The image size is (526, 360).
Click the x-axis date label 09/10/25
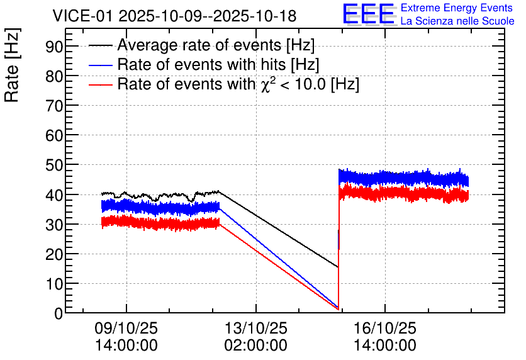(x=126, y=329)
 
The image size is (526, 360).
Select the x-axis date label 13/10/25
(x=255, y=329)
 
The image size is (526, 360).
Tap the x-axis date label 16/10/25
(x=384, y=329)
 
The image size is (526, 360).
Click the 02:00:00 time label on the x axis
(x=255, y=346)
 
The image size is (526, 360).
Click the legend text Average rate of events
(x=216, y=46)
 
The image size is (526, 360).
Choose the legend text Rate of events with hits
(x=218, y=65)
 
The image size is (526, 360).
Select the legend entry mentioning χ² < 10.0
(x=238, y=84)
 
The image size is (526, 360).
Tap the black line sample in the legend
(x=101, y=46)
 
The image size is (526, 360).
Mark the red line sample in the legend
(x=101, y=84)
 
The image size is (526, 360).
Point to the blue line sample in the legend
(x=101, y=65)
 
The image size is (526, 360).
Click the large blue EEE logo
(x=369, y=14)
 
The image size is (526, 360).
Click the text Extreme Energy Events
(x=457, y=8)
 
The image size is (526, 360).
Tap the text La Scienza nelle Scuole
(x=457, y=21)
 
